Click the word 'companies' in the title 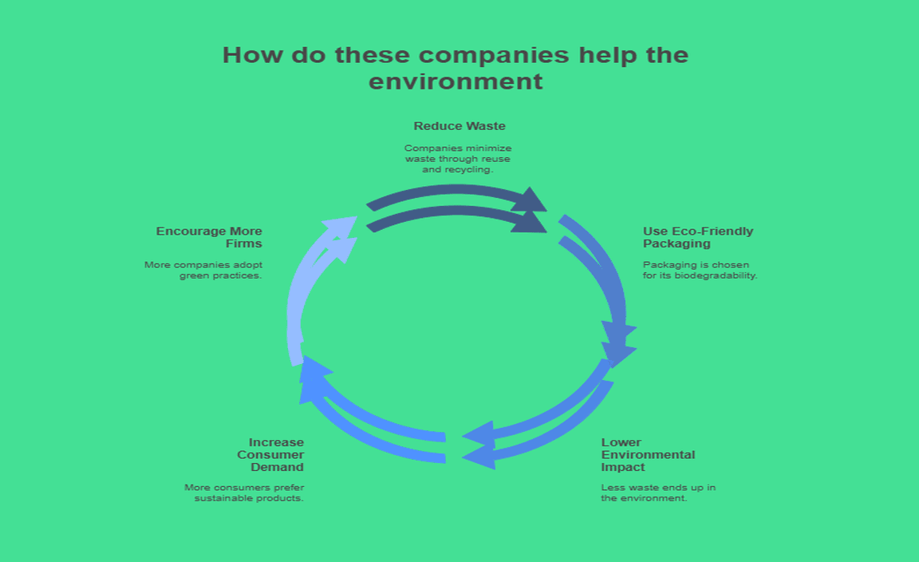tap(494, 55)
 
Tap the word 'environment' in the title tap(456, 81)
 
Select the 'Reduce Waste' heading tap(459, 126)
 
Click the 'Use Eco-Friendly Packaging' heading tap(697, 237)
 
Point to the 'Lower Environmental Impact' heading tap(647, 454)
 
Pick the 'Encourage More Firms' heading tap(210, 237)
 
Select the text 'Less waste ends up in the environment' tap(657, 493)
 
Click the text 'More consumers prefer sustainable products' tap(245, 493)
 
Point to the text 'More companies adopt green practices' tap(204, 270)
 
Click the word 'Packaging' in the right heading tap(676, 243)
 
